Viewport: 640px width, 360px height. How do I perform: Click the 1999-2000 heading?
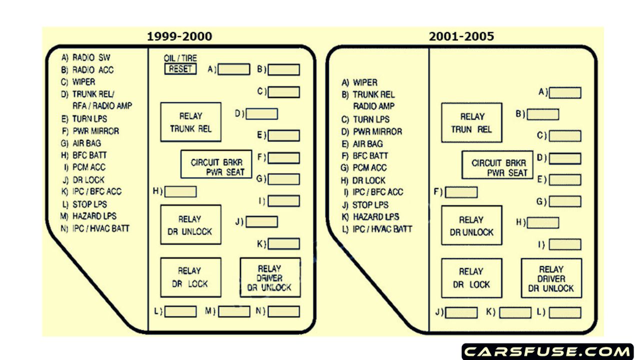pos(179,36)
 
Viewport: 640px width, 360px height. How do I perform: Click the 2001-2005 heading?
pos(461,36)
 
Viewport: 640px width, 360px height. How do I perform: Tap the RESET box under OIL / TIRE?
pos(180,69)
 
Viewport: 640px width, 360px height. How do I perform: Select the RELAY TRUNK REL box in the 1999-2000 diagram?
pos(190,122)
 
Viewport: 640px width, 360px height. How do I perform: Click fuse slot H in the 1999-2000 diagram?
pos(180,191)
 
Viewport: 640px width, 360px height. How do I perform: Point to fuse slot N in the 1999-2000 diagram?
pos(283,311)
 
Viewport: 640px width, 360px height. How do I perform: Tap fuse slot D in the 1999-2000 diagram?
pos(261,114)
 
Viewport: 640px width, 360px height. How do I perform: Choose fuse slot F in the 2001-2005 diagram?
pos(461,192)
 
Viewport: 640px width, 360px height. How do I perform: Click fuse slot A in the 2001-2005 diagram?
pos(565,92)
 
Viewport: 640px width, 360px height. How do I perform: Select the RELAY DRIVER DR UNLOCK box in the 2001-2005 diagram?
pos(551,278)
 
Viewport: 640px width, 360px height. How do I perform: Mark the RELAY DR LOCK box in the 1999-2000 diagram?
pos(190,277)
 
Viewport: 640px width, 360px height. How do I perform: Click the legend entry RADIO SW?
pos(91,57)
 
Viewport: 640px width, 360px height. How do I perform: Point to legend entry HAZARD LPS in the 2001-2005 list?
pos(375,217)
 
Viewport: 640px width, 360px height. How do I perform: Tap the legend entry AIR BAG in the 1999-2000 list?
pos(86,143)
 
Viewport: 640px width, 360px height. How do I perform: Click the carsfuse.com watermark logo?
pos(547,351)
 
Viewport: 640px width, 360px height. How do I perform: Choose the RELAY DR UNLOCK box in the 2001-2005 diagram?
pos(471,226)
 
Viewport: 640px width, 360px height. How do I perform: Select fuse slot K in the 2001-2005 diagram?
pos(515,312)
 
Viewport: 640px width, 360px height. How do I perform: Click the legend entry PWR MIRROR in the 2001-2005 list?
pos(377,131)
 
